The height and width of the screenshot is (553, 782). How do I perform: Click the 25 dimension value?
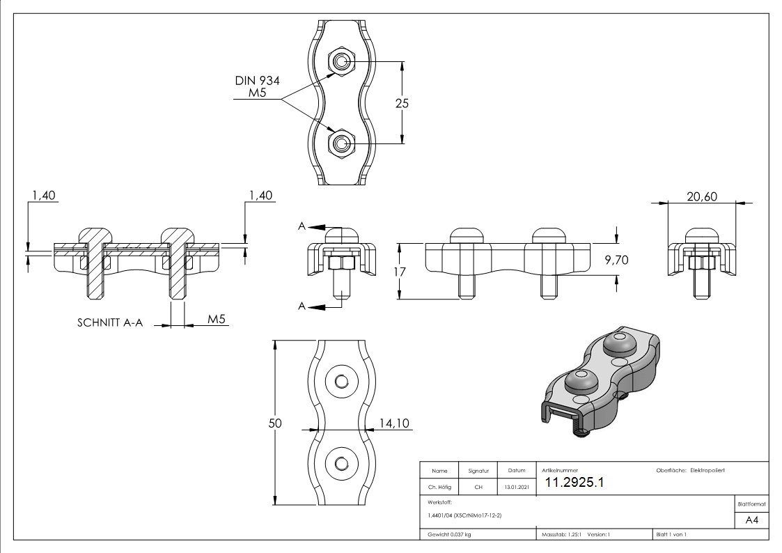pyautogui.click(x=402, y=103)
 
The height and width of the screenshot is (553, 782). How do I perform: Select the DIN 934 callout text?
pyautogui.click(x=258, y=81)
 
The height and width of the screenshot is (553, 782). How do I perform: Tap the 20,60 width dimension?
pyautogui.click(x=702, y=197)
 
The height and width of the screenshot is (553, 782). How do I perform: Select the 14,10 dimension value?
pyautogui.click(x=394, y=422)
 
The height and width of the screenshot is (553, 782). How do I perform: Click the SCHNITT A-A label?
pyautogui.click(x=110, y=324)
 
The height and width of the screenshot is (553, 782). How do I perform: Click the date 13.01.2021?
pyautogui.click(x=516, y=488)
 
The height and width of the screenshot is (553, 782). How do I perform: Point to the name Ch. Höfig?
pyautogui.click(x=439, y=488)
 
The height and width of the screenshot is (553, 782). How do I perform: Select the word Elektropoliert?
pyautogui.click(x=707, y=471)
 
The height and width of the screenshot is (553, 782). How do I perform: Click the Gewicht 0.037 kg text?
pyautogui.click(x=448, y=534)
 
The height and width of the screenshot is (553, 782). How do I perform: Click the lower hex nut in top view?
pyautogui.click(x=341, y=143)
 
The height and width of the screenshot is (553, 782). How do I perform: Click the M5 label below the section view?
pyautogui.click(x=217, y=320)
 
